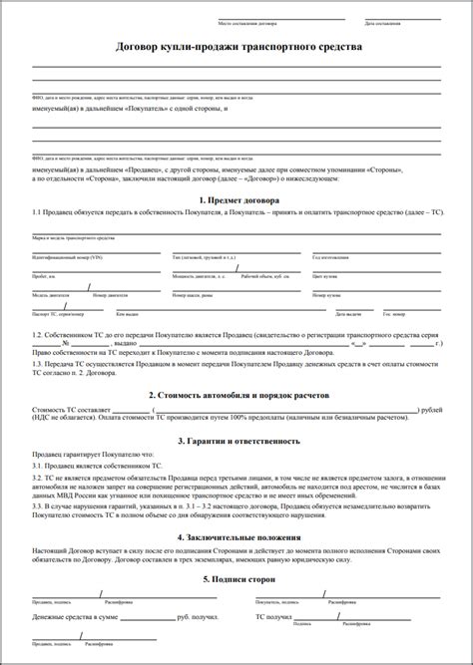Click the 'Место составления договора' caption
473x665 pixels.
pos(245,22)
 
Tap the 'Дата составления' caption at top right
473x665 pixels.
pos(384,22)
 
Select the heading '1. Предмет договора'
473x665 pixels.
pos(236,199)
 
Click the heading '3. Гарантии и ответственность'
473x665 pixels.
pos(236,440)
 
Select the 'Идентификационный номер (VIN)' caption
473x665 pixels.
pos(68,257)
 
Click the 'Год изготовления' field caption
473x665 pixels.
pos(330,257)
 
